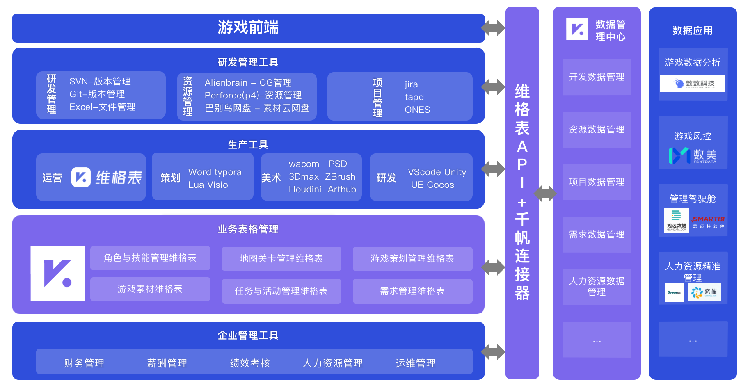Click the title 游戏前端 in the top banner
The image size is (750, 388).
248,27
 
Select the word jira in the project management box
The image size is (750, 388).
411,84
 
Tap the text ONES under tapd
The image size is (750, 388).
417,110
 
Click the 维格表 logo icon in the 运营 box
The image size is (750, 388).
81,177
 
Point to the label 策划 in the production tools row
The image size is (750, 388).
170,178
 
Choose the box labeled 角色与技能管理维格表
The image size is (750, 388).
150,258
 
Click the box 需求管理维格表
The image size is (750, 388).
412,291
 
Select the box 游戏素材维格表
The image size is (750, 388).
150,289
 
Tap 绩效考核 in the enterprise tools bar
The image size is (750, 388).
250,363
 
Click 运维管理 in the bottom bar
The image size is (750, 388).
415,363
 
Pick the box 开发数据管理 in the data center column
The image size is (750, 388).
597,77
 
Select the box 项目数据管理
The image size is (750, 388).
597,182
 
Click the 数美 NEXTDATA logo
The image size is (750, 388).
693,155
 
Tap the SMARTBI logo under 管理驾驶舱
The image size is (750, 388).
709,221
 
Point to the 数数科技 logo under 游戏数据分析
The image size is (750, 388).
693,83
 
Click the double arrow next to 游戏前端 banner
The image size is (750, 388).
493,28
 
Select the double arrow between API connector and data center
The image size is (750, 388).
545,193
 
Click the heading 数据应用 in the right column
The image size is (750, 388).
693,31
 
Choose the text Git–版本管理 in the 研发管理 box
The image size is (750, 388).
97,94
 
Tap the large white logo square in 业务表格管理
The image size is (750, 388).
58,274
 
